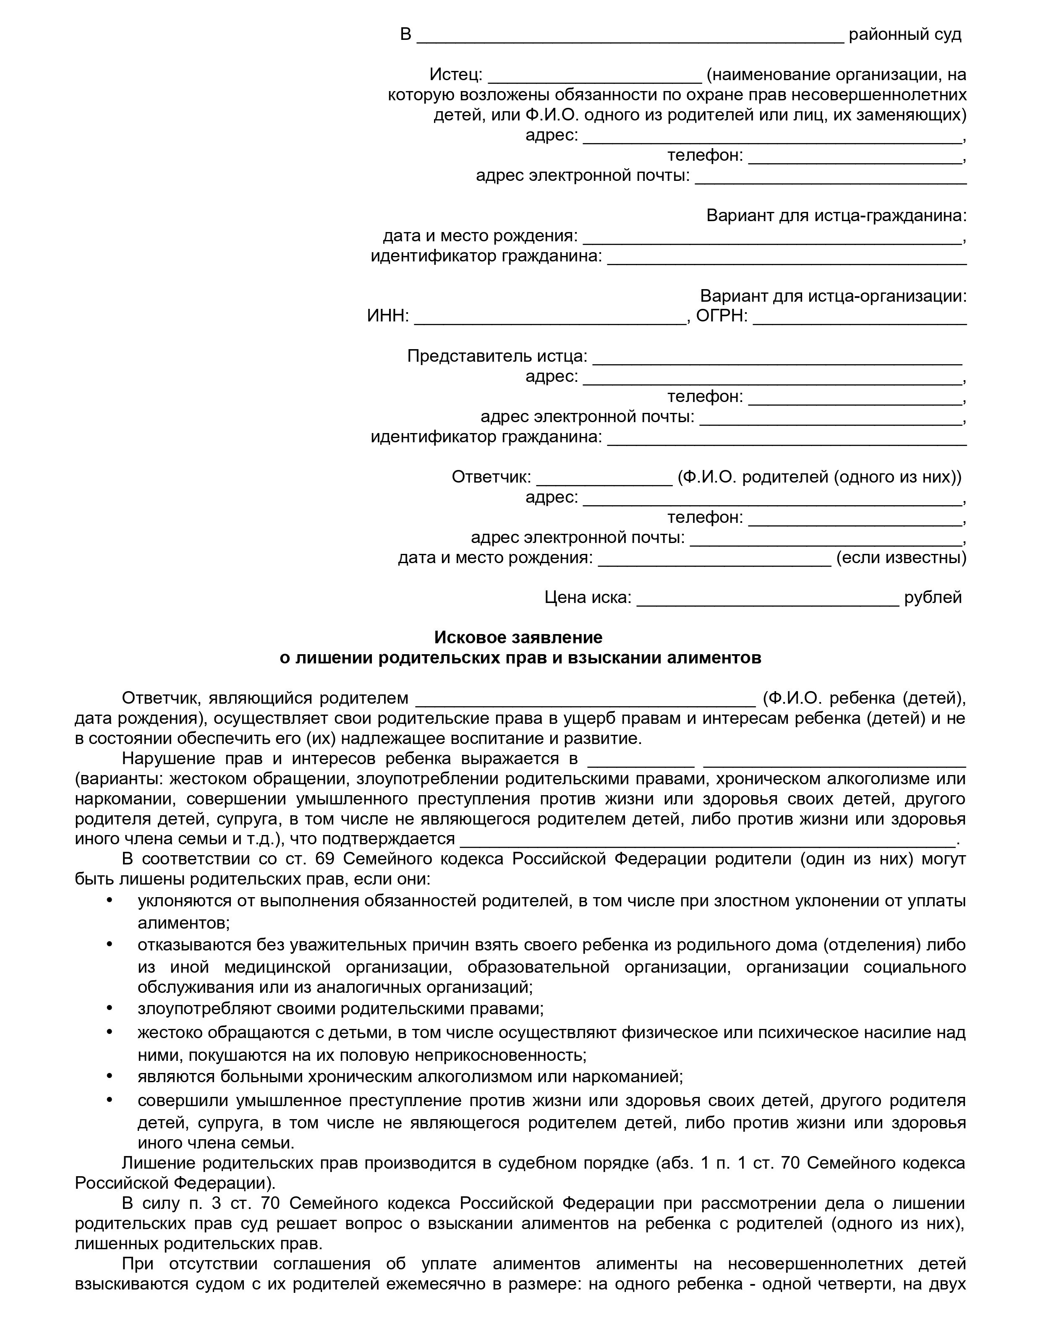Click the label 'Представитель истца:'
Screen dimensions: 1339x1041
click(x=497, y=356)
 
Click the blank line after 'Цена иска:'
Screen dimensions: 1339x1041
click(x=767, y=598)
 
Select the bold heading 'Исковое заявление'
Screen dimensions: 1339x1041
click(x=518, y=638)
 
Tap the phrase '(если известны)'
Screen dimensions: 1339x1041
click(x=900, y=558)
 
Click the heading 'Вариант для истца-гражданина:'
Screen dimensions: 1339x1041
click(x=836, y=216)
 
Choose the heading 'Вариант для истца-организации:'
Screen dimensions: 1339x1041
click(x=833, y=296)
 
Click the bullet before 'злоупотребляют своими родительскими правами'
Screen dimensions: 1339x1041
click(x=110, y=1008)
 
